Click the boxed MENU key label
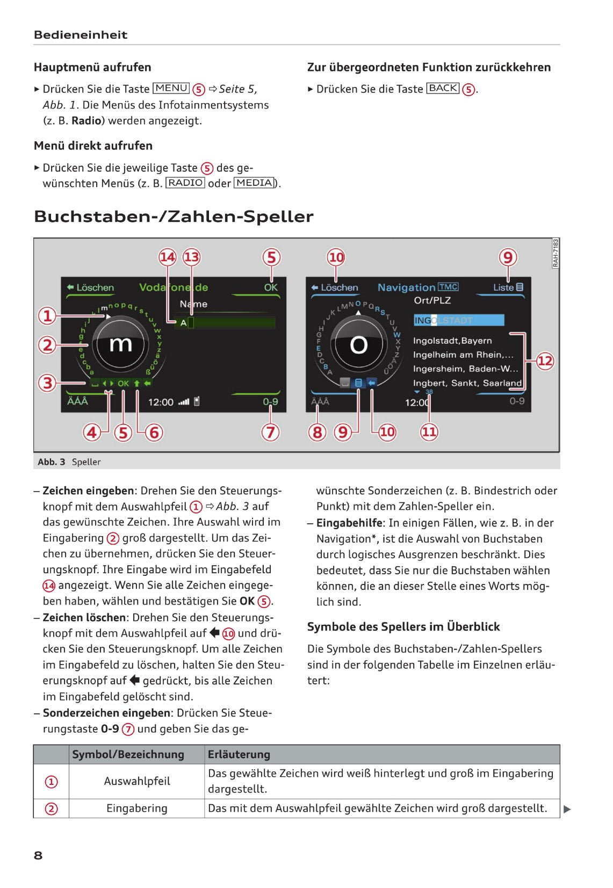point(171,88)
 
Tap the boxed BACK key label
point(443,88)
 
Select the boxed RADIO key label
point(185,183)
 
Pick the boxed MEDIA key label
point(254,183)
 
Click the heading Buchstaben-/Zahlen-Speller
point(174,216)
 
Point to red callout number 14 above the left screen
point(168,257)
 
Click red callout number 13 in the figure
point(191,257)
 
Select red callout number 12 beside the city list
point(545,360)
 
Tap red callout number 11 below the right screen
point(429,431)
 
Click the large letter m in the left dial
point(120,343)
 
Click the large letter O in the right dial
point(358,345)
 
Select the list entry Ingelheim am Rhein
point(463,355)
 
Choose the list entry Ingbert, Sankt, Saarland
point(467,382)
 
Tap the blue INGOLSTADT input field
point(458,320)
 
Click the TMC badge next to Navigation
point(448,287)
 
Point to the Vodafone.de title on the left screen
point(173,287)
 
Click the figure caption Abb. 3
point(52,462)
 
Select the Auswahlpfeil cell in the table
point(137,781)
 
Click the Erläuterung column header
point(239,754)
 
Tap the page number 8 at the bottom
point(38,855)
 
